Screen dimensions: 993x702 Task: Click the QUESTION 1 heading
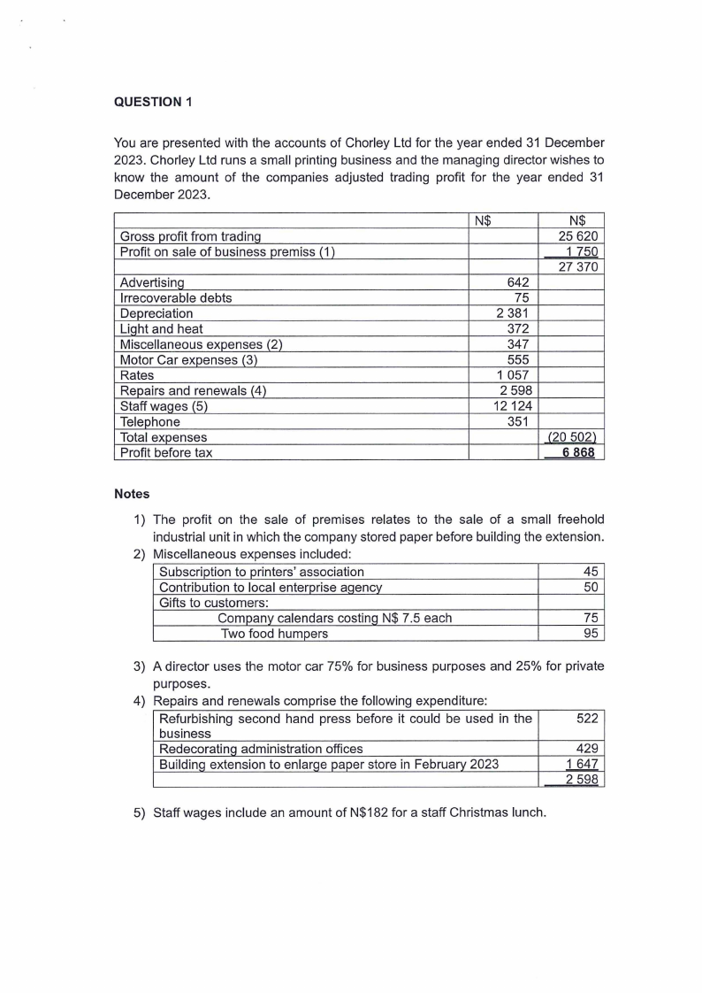click(x=153, y=101)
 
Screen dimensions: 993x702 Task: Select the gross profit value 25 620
click(x=581, y=236)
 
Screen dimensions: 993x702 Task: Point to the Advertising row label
click(x=151, y=282)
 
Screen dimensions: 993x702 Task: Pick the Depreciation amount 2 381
click(x=511, y=313)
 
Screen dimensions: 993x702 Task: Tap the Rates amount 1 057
click(x=511, y=375)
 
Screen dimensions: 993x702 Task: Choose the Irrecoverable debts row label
click(x=175, y=298)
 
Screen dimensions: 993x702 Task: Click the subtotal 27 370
click(x=581, y=267)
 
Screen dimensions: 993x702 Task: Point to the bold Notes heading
click(x=132, y=494)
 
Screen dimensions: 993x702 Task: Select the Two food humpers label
click(x=274, y=634)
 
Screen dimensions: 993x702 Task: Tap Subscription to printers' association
click(x=261, y=572)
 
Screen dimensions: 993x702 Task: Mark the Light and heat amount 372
click(x=515, y=329)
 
